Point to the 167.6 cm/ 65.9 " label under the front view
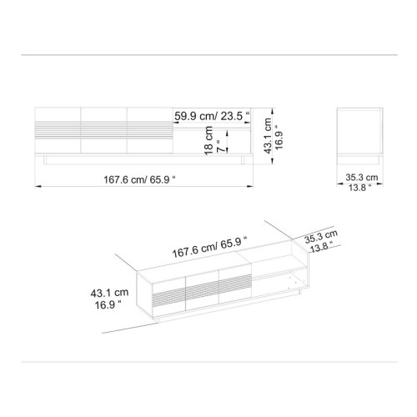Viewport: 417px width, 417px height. pyautogui.click(x=141, y=178)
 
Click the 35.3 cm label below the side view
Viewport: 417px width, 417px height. pyautogui.click(x=362, y=178)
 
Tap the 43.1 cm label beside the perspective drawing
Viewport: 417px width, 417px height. pyautogui.click(x=110, y=293)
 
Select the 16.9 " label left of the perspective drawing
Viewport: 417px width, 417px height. pyautogui.click(x=108, y=305)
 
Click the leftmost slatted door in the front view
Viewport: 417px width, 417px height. pyautogui.click(x=58, y=130)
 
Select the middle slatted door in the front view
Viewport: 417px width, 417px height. pyautogui.click(x=103, y=130)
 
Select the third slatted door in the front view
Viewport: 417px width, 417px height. pyautogui.click(x=150, y=130)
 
